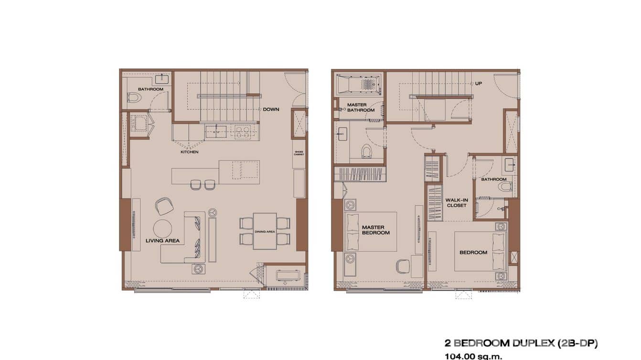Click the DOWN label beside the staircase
[271, 109]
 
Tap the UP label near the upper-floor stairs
[478, 84]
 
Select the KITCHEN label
[189, 152]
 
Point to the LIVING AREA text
[162, 241]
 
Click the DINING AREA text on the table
[264, 232]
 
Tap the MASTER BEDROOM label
[375, 230]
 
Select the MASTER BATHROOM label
[361, 107]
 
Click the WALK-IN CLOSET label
[456, 203]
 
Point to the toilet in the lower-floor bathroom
[135, 98]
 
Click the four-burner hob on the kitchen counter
[241, 132]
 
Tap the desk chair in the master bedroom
[403, 266]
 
